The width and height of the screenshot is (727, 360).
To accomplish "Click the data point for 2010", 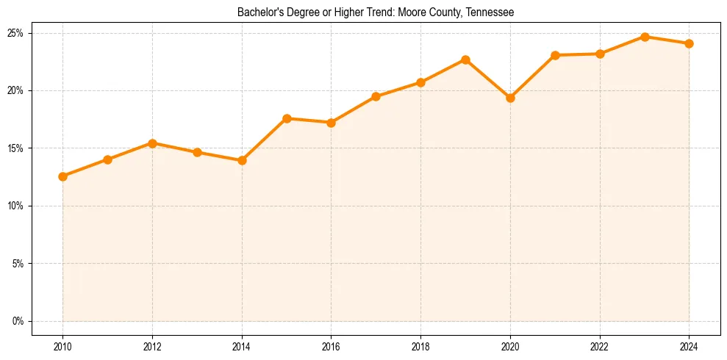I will pyautogui.click(x=62, y=176).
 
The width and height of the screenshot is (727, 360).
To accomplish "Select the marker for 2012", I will pyautogui.click(x=152, y=143).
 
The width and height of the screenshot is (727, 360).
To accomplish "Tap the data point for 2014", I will pyautogui.click(x=242, y=160).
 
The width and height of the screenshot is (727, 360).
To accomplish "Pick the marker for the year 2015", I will pyautogui.click(x=287, y=118).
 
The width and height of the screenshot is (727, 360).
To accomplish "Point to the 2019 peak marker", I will pyautogui.click(x=465, y=60).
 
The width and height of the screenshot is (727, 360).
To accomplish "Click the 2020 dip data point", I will pyautogui.click(x=510, y=98).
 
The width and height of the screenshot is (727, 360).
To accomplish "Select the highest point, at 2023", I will pyautogui.click(x=645, y=37).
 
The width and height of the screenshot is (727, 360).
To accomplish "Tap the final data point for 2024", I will pyautogui.click(x=690, y=43).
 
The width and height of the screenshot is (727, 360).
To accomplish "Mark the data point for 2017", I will pyautogui.click(x=376, y=96).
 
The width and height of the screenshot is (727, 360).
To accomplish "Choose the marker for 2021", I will pyautogui.click(x=555, y=55).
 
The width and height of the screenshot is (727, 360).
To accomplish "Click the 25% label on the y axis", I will pyautogui.click(x=16, y=33).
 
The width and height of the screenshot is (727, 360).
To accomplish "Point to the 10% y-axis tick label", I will pyautogui.click(x=16, y=206).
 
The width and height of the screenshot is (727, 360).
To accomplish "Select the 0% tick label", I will pyautogui.click(x=18, y=321).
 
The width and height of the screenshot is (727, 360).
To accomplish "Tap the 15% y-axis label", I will pyautogui.click(x=16, y=148).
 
